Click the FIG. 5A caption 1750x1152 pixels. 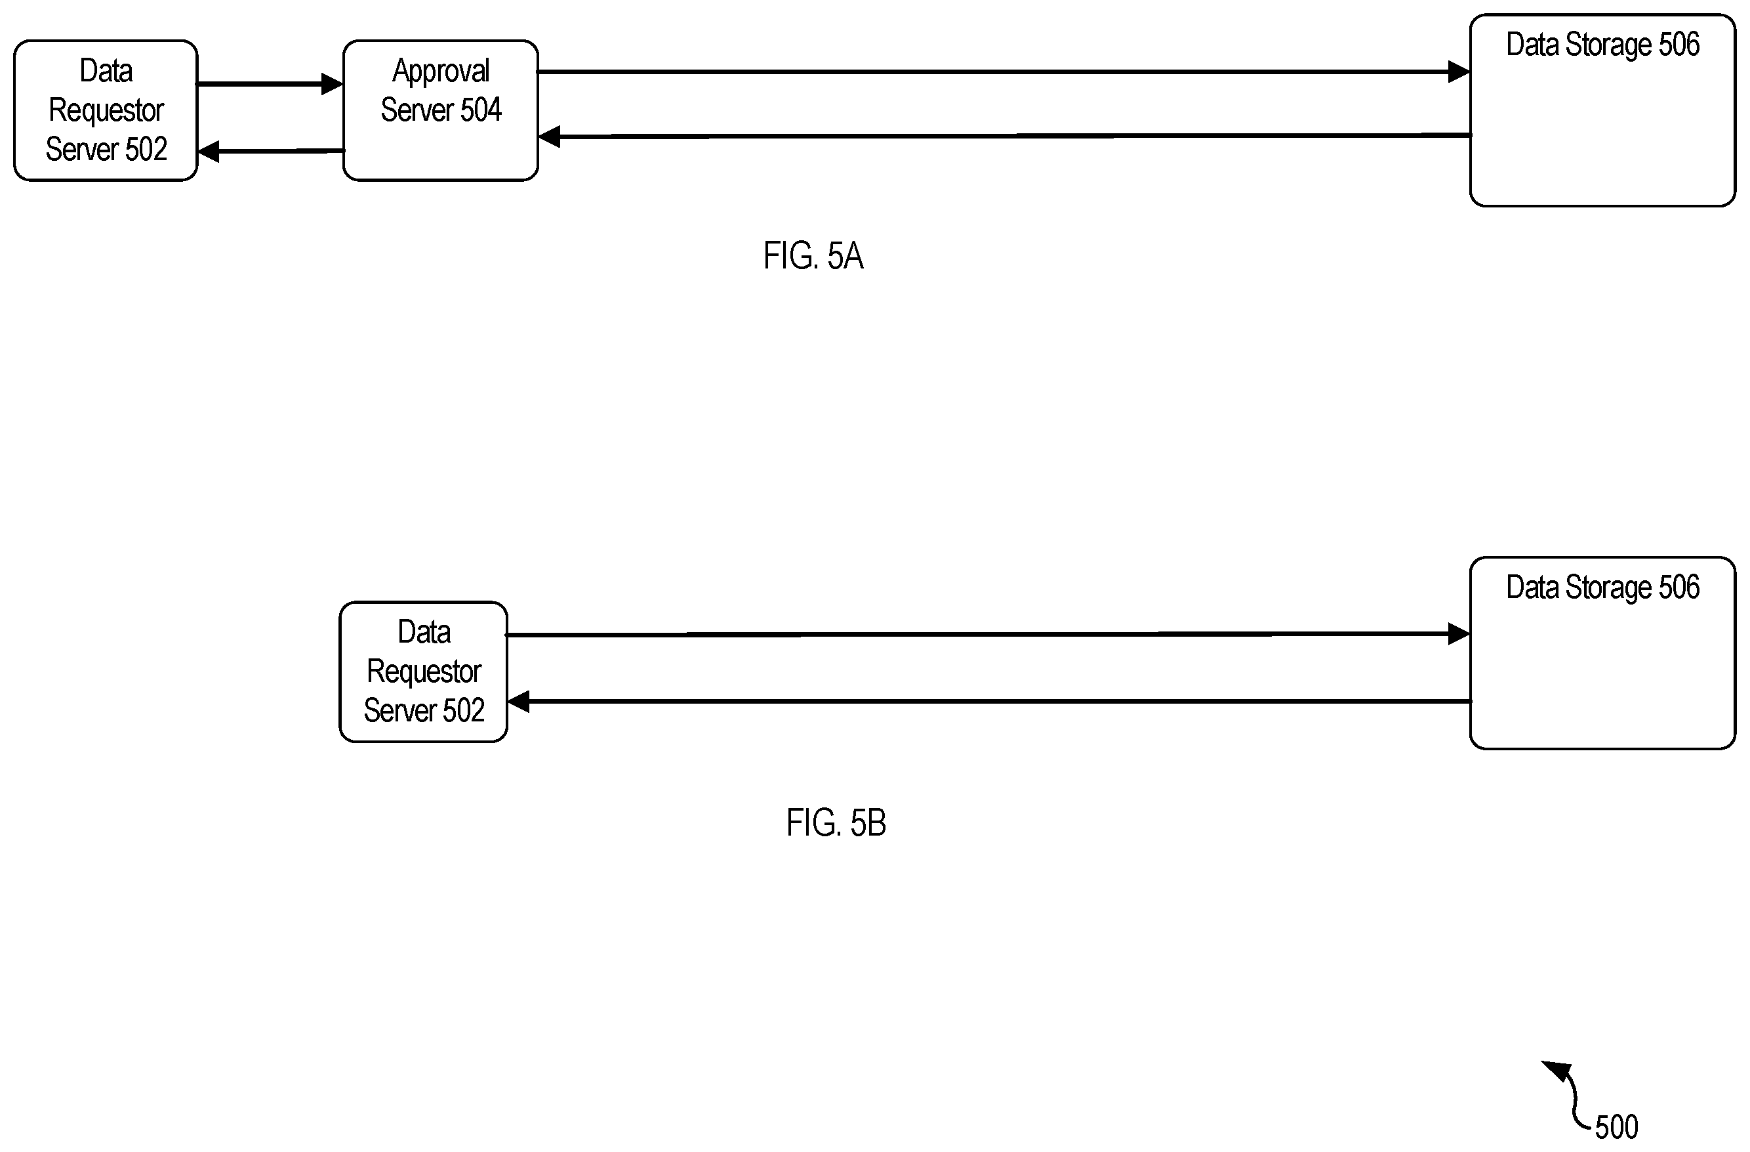click(x=813, y=256)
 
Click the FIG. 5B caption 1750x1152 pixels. click(x=836, y=822)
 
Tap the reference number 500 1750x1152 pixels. click(x=1617, y=1127)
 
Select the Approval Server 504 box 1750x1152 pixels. click(x=440, y=110)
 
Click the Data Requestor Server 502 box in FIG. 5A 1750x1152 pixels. click(x=106, y=110)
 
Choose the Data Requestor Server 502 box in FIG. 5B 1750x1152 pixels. click(x=424, y=672)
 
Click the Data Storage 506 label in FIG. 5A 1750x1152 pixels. click(x=1603, y=45)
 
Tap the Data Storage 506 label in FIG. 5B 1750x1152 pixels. click(x=1603, y=587)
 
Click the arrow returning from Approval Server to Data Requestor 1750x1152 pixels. click(x=271, y=151)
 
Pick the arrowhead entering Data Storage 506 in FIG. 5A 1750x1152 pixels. click(x=1459, y=72)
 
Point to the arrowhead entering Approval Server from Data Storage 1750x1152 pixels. click(x=549, y=136)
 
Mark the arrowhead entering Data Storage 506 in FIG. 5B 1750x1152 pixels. click(x=1459, y=633)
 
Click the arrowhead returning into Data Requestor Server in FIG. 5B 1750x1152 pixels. click(x=518, y=702)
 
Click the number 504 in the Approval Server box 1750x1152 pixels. click(x=481, y=110)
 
